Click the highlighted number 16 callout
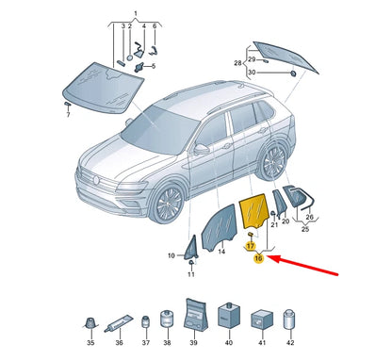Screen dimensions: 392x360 [258, 258]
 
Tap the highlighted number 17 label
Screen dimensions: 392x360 [251, 246]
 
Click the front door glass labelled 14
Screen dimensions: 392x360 [219, 227]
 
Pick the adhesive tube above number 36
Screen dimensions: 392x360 [119, 324]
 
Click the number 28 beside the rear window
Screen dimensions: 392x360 [237, 63]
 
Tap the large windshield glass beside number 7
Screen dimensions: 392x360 [103, 88]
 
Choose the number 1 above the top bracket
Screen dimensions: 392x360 [136, 14]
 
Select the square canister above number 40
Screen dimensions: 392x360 [229, 316]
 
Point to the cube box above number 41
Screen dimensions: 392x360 [261, 319]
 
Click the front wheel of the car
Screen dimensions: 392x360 [169, 204]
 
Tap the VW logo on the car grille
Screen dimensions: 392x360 [97, 180]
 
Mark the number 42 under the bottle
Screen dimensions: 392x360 [290, 342]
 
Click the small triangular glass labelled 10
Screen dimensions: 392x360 [192, 248]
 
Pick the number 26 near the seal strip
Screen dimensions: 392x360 [309, 217]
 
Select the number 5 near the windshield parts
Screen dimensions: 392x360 [154, 66]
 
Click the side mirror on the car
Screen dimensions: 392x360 [201, 149]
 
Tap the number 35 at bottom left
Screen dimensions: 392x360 [90, 342]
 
